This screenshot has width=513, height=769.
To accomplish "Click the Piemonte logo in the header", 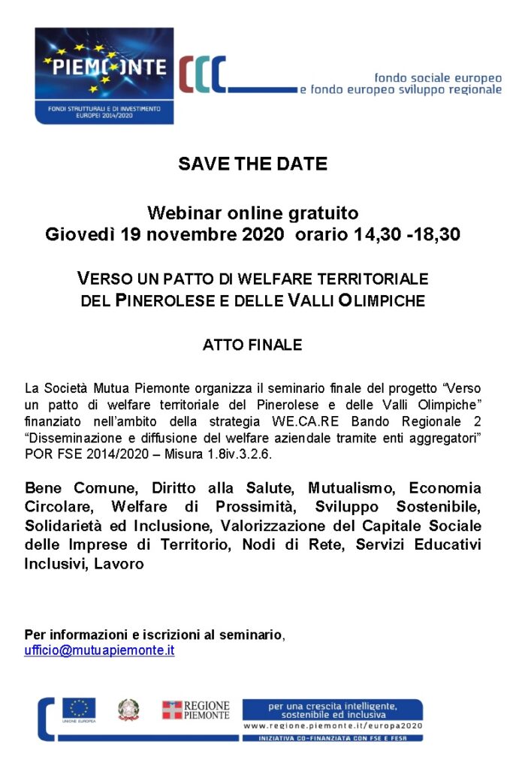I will tap(104, 75).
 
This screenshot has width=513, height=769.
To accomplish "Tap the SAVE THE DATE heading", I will tap(252, 164).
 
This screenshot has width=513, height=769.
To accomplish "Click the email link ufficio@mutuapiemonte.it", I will tap(99, 650).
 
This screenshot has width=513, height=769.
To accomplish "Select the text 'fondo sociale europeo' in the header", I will tap(437, 77).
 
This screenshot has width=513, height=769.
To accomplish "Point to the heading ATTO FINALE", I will tap(252, 345).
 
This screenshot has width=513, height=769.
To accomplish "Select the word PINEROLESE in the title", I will tap(158, 302).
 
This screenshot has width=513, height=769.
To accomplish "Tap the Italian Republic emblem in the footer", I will tap(128, 710).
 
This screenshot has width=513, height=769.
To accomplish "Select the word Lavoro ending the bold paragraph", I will tap(119, 562).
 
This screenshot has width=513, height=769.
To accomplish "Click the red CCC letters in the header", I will tap(202, 75).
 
